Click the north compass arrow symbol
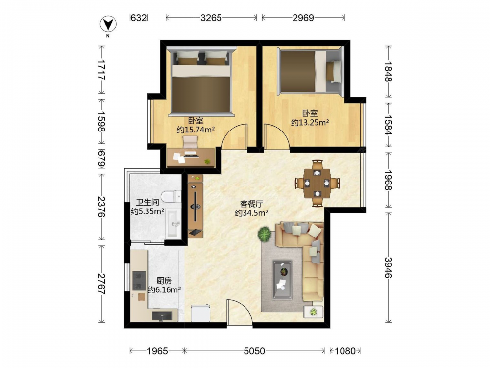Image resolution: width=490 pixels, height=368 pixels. (x=108, y=25)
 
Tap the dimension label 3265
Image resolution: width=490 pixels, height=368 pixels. (x=211, y=18)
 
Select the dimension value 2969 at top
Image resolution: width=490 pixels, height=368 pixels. (x=303, y=18)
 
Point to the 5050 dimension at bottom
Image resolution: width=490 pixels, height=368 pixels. (x=254, y=351)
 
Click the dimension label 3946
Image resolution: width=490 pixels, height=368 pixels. (x=388, y=267)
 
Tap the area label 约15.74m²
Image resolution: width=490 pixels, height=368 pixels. (x=196, y=130)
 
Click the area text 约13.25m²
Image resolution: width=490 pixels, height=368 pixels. (x=310, y=122)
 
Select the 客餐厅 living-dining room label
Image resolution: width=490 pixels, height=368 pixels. (x=251, y=204)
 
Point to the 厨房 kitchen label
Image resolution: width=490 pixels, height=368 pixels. (x=164, y=281)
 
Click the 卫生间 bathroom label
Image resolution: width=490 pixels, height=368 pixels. (x=147, y=203)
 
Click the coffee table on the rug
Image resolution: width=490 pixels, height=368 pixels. (x=282, y=280)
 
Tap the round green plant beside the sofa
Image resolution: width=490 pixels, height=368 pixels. (x=265, y=234)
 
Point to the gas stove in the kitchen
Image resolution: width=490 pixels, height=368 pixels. (x=139, y=280)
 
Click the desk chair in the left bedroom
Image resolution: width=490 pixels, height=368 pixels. (x=191, y=142)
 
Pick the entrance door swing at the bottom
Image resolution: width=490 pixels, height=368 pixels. (x=240, y=310)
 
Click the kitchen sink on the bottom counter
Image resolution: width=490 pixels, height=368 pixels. (x=162, y=315)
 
